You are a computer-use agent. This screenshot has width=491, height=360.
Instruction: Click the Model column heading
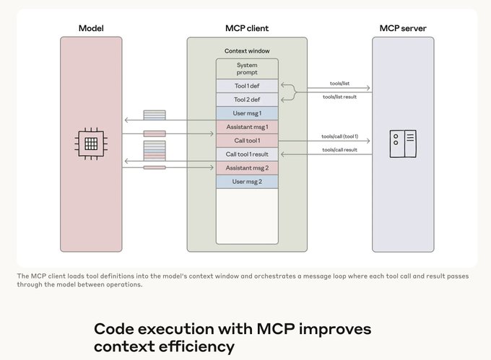click(92, 28)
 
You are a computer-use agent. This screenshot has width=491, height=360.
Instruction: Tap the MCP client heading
click(247, 28)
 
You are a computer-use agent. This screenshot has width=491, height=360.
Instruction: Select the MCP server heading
click(402, 28)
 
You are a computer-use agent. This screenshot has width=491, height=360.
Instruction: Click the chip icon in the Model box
click(92, 143)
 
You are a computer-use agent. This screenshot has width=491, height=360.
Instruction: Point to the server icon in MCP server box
click(402, 143)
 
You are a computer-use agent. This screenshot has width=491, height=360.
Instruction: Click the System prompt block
click(247, 69)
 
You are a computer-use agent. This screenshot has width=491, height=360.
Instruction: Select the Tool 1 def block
click(247, 86)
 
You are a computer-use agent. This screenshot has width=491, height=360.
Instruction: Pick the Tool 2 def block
click(247, 100)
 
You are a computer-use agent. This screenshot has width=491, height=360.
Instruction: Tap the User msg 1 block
click(247, 113)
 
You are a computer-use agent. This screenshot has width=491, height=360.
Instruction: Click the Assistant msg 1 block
click(247, 127)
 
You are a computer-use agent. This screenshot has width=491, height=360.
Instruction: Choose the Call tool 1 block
click(247, 141)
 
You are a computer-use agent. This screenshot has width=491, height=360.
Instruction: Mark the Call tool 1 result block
click(247, 154)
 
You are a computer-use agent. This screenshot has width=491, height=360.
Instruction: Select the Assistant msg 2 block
click(247, 168)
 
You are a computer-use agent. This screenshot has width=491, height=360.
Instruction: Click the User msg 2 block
click(247, 182)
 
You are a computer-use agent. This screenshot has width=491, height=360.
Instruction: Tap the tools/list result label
click(339, 96)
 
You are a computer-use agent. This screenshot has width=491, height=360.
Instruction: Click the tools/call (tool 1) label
click(339, 136)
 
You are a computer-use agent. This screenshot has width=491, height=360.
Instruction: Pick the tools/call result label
click(339, 150)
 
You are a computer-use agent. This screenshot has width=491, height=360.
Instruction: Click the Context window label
click(247, 52)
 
